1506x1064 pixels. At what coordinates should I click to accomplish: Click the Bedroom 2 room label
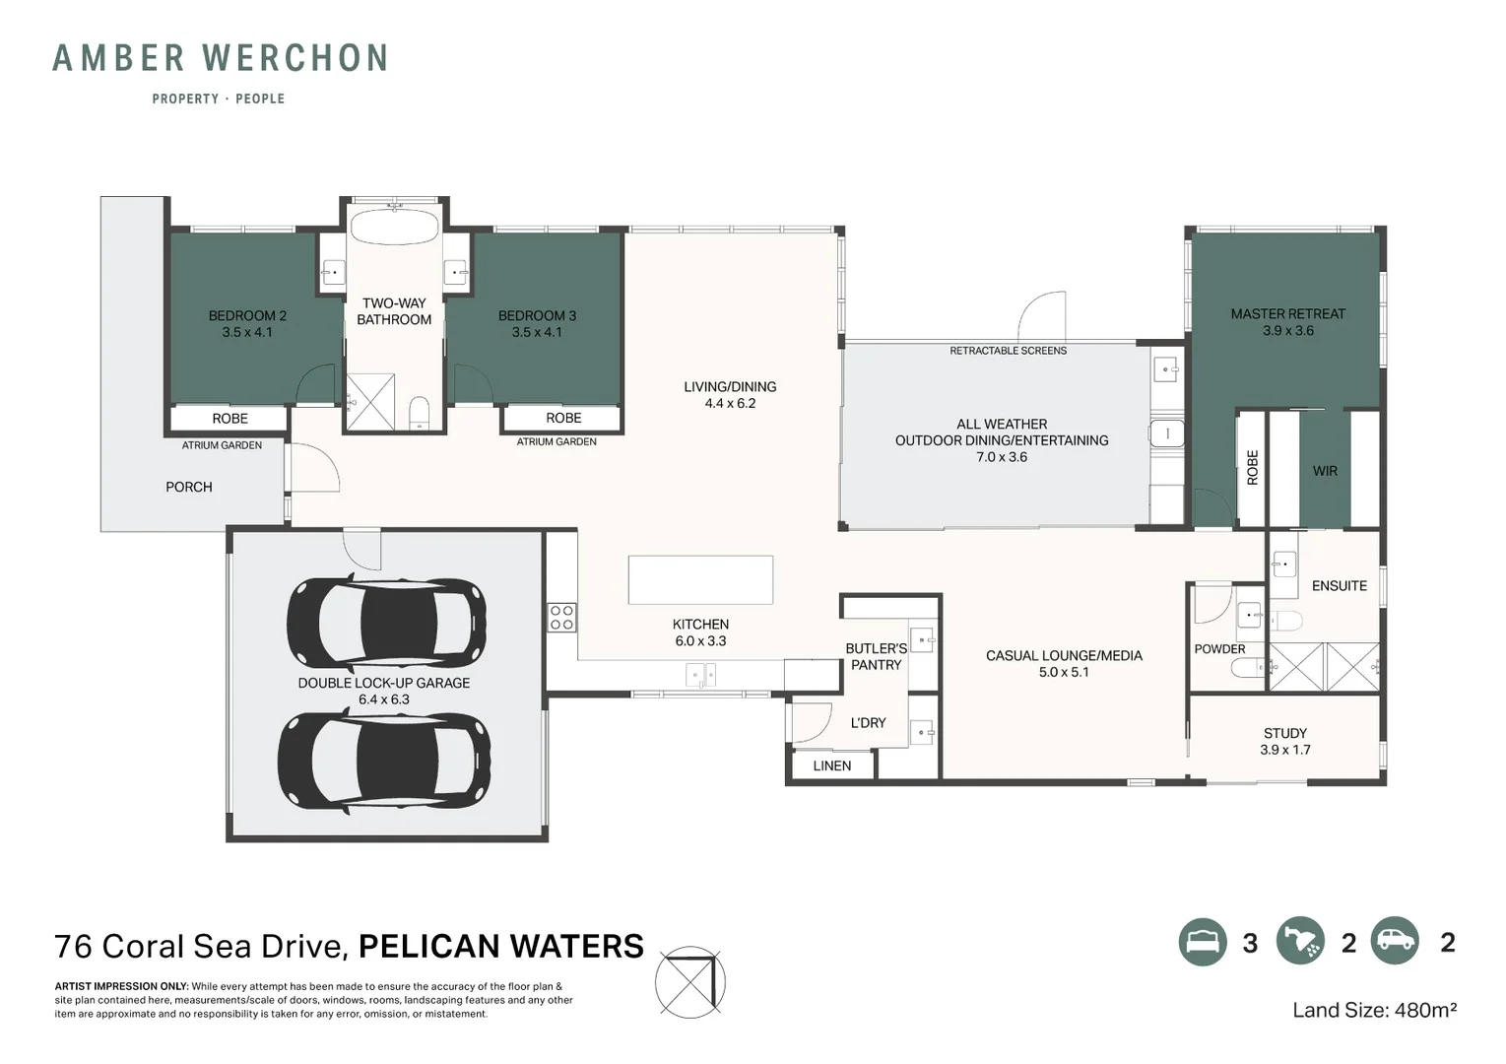tap(247, 323)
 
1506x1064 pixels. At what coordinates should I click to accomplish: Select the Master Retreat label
tap(1287, 321)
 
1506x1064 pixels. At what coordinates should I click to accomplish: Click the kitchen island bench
tap(700, 579)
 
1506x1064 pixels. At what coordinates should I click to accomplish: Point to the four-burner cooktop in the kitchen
tap(562, 618)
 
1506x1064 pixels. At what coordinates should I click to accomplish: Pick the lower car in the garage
tap(384, 762)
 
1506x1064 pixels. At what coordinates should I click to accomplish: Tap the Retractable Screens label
tap(1008, 351)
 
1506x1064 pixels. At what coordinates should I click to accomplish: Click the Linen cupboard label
tap(831, 765)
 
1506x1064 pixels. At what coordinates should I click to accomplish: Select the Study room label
tap(1284, 741)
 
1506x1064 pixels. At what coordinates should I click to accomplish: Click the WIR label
tap(1325, 471)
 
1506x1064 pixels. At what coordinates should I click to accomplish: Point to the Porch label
tap(189, 487)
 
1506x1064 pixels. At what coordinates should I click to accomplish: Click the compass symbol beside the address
tap(690, 982)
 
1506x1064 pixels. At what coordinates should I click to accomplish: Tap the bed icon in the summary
tap(1203, 942)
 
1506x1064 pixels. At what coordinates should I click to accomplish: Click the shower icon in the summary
tap(1300, 940)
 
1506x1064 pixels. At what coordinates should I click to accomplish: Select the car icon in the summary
tap(1395, 940)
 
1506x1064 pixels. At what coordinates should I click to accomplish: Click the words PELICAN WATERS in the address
tap(501, 946)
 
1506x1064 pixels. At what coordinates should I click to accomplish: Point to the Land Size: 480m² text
tap(1375, 1010)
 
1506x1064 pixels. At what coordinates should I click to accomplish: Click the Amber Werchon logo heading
tap(220, 58)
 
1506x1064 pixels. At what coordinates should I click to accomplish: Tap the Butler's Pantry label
tap(876, 656)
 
